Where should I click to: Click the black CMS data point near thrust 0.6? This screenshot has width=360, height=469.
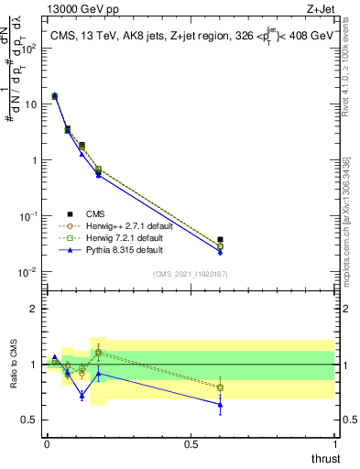coord(220,239)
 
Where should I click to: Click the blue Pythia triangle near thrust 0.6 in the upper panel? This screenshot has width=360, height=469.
coord(220,251)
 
